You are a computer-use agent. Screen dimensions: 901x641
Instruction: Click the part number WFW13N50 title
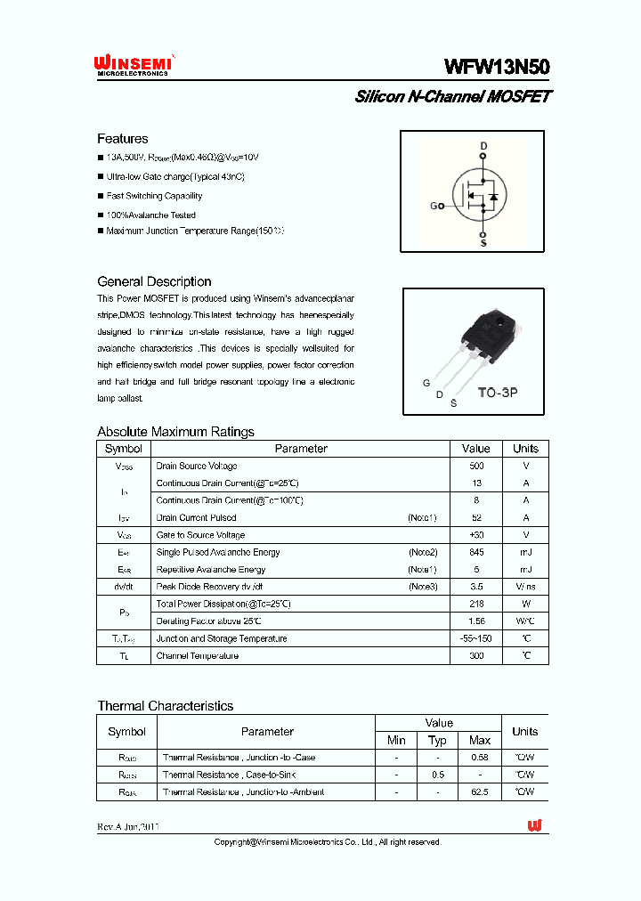click(x=497, y=68)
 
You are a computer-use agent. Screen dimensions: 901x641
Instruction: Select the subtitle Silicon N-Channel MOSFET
click(x=452, y=96)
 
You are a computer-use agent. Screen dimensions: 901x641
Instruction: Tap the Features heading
click(x=123, y=139)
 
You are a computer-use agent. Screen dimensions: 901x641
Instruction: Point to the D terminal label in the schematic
click(x=483, y=145)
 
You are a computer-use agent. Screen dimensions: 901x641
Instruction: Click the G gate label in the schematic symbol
click(x=434, y=206)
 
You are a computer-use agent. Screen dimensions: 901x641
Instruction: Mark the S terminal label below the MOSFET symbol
click(x=483, y=242)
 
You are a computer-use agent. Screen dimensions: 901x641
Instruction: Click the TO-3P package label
click(x=499, y=392)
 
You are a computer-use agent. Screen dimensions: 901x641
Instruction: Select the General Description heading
click(x=154, y=281)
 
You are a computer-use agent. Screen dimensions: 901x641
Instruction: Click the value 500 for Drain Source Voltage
click(x=476, y=466)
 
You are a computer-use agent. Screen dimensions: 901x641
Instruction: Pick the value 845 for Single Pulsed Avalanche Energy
click(x=476, y=552)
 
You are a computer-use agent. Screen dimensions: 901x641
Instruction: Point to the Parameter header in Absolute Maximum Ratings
click(x=301, y=449)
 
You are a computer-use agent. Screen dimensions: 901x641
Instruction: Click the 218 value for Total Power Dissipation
click(x=476, y=604)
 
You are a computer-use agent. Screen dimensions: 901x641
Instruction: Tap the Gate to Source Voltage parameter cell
click(x=200, y=535)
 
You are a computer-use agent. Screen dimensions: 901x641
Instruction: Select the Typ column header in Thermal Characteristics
click(x=437, y=741)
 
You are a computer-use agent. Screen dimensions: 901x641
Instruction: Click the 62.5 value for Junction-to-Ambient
click(x=480, y=791)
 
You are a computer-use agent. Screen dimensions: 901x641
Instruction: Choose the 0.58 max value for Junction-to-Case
click(x=480, y=758)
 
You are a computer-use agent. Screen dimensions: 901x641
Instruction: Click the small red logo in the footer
click(x=534, y=826)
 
